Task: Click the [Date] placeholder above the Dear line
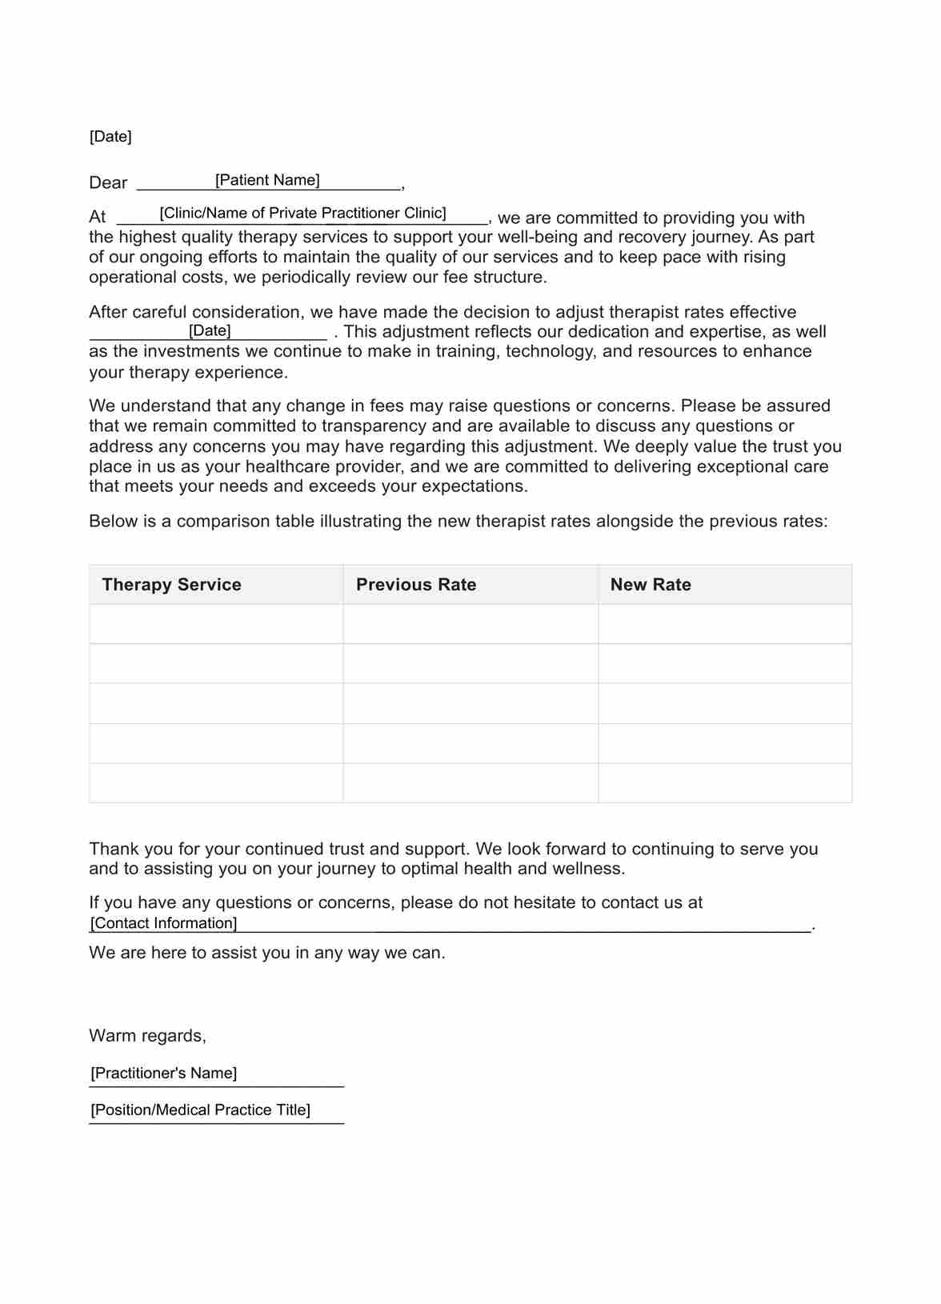(x=110, y=137)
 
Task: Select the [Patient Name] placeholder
(x=267, y=180)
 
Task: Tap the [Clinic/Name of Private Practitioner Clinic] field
(x=302, y=213)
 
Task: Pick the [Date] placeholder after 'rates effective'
(x=210, y=331)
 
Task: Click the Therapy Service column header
(x=171, y=585)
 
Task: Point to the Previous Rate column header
(x=416, y=585)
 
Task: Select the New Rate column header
(x=651, y=585)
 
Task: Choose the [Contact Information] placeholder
(x=164, y=923)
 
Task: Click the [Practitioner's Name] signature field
(x=164, y=1073)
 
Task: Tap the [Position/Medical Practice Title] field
(x=200, y=1110)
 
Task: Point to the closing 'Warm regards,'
(x=147, y=1036)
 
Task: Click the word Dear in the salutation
(x=108, y=183)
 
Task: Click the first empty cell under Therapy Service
(x=216, y=624)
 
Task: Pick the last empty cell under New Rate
(x=725, y=783)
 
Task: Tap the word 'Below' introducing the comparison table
(x=113, y=522)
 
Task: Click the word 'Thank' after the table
(x=114, y=849)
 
